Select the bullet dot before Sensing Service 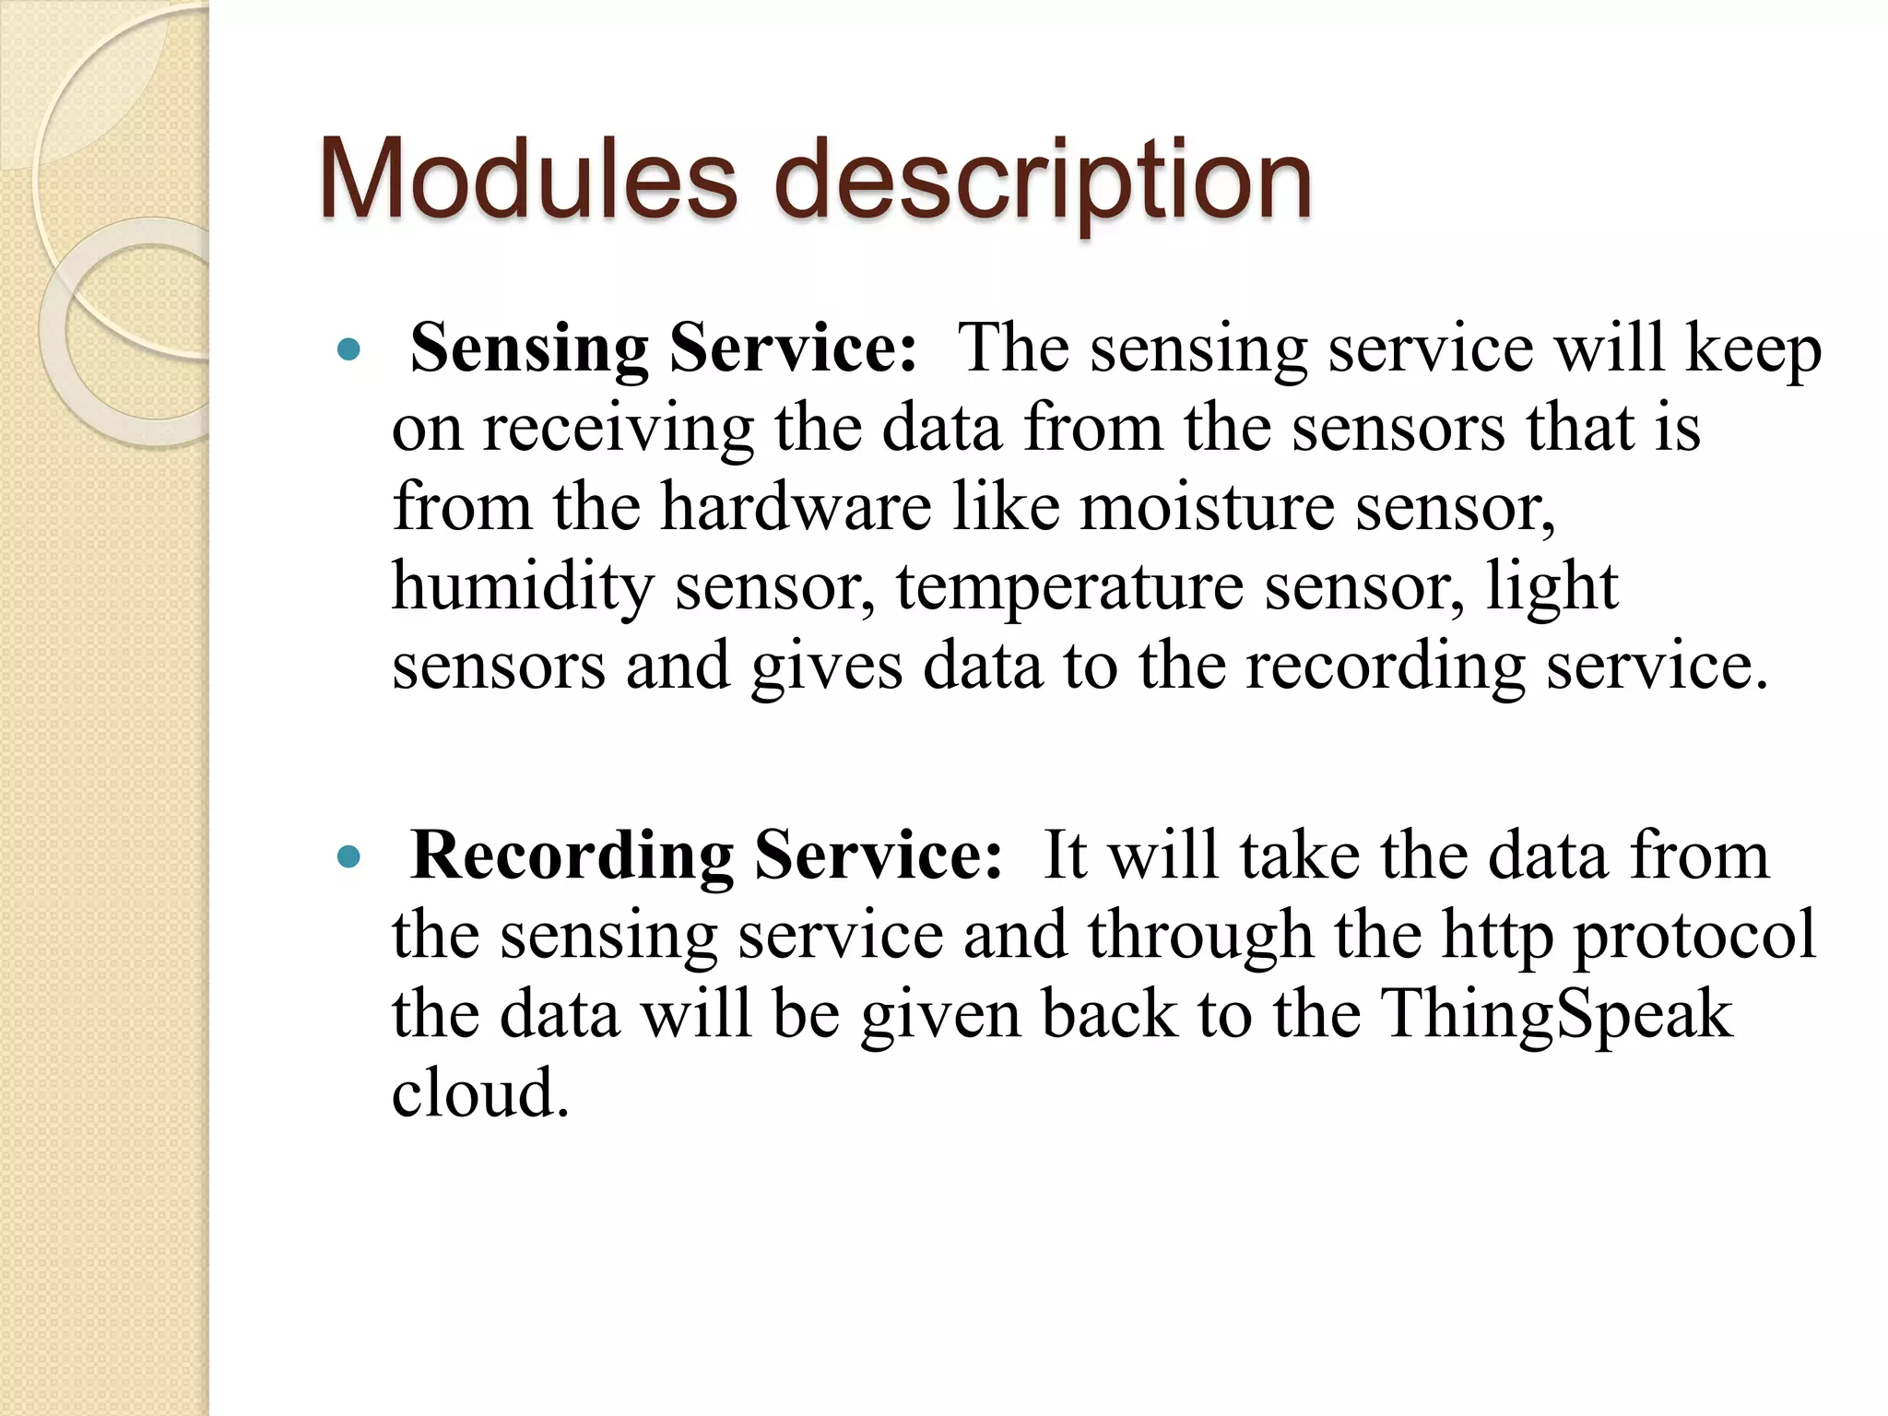(x=348, y=350)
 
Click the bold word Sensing (x=529, y=350)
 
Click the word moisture (x=1207, y=509)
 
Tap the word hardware (x=796, y=509)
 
